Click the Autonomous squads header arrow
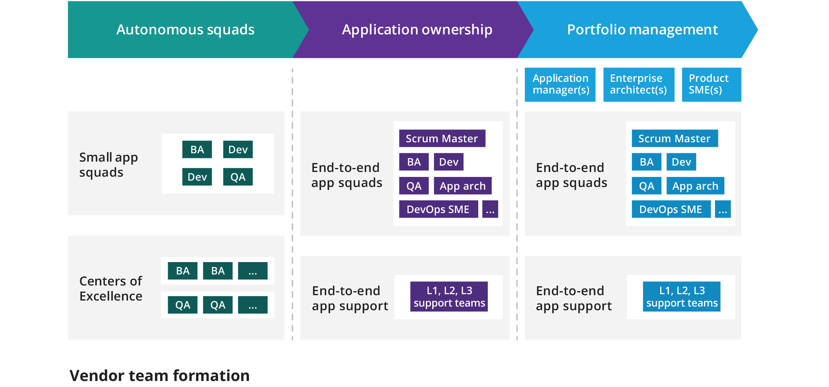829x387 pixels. pos(185,30)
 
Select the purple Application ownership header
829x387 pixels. pos(417,30)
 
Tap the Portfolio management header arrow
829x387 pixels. pos(642,30)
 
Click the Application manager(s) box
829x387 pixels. pos(560,84)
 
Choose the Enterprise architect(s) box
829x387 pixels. pos(638,84)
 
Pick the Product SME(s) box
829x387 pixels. pos(711,84)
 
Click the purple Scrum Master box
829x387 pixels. pos(442,138)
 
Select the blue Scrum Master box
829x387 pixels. pos(675,138)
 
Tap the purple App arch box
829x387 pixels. pos(462,186)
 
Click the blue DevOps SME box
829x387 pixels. pos(671,209)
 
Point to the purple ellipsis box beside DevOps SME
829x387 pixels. pos(490,209)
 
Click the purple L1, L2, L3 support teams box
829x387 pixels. pos(449,296)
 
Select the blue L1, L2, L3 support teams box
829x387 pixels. pos(682,296)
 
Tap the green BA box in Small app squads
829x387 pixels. pos(197,149)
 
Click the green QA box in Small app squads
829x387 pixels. pos(238,177)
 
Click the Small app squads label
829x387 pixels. pos(108,164)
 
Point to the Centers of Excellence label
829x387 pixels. pos(111,288)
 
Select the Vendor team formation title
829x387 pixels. pos(159,375)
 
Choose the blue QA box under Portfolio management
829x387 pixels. pos(646,186)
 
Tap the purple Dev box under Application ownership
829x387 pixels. pos(448,162)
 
